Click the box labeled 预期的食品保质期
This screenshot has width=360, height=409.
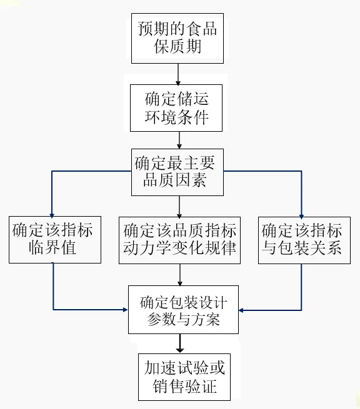click(177, 38)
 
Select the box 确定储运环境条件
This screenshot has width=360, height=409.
click(176, 108)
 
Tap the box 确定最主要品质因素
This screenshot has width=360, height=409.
click(177, 172)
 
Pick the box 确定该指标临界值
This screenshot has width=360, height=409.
click(55, 239)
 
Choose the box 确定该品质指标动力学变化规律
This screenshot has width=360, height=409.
click(179, 240)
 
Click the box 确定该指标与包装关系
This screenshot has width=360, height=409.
click(304, 240)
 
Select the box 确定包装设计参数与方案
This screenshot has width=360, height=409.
click(183, 310)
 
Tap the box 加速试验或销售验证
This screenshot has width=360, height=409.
click(184, 377)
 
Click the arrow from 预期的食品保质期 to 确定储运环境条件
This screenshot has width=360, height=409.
click(178, 74)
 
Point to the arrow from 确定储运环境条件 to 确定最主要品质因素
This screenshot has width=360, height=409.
click(179, 140)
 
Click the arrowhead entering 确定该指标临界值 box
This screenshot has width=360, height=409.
click(52, 215)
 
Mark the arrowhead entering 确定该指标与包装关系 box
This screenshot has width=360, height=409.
click(301, 216)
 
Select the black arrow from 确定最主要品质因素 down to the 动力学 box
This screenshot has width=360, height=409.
click(179, 207)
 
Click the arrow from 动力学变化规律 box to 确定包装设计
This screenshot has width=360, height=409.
click(179, 275)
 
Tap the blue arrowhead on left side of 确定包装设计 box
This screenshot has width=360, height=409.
click(125, 310)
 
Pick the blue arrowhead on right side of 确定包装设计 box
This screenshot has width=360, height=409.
click(241, 310)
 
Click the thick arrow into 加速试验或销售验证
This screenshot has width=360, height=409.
click(180, 343)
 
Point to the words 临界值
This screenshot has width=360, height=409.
click(52, 247)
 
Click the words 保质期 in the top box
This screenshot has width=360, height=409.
click(177, 46)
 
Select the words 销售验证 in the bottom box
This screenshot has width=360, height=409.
click(184, 386)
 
